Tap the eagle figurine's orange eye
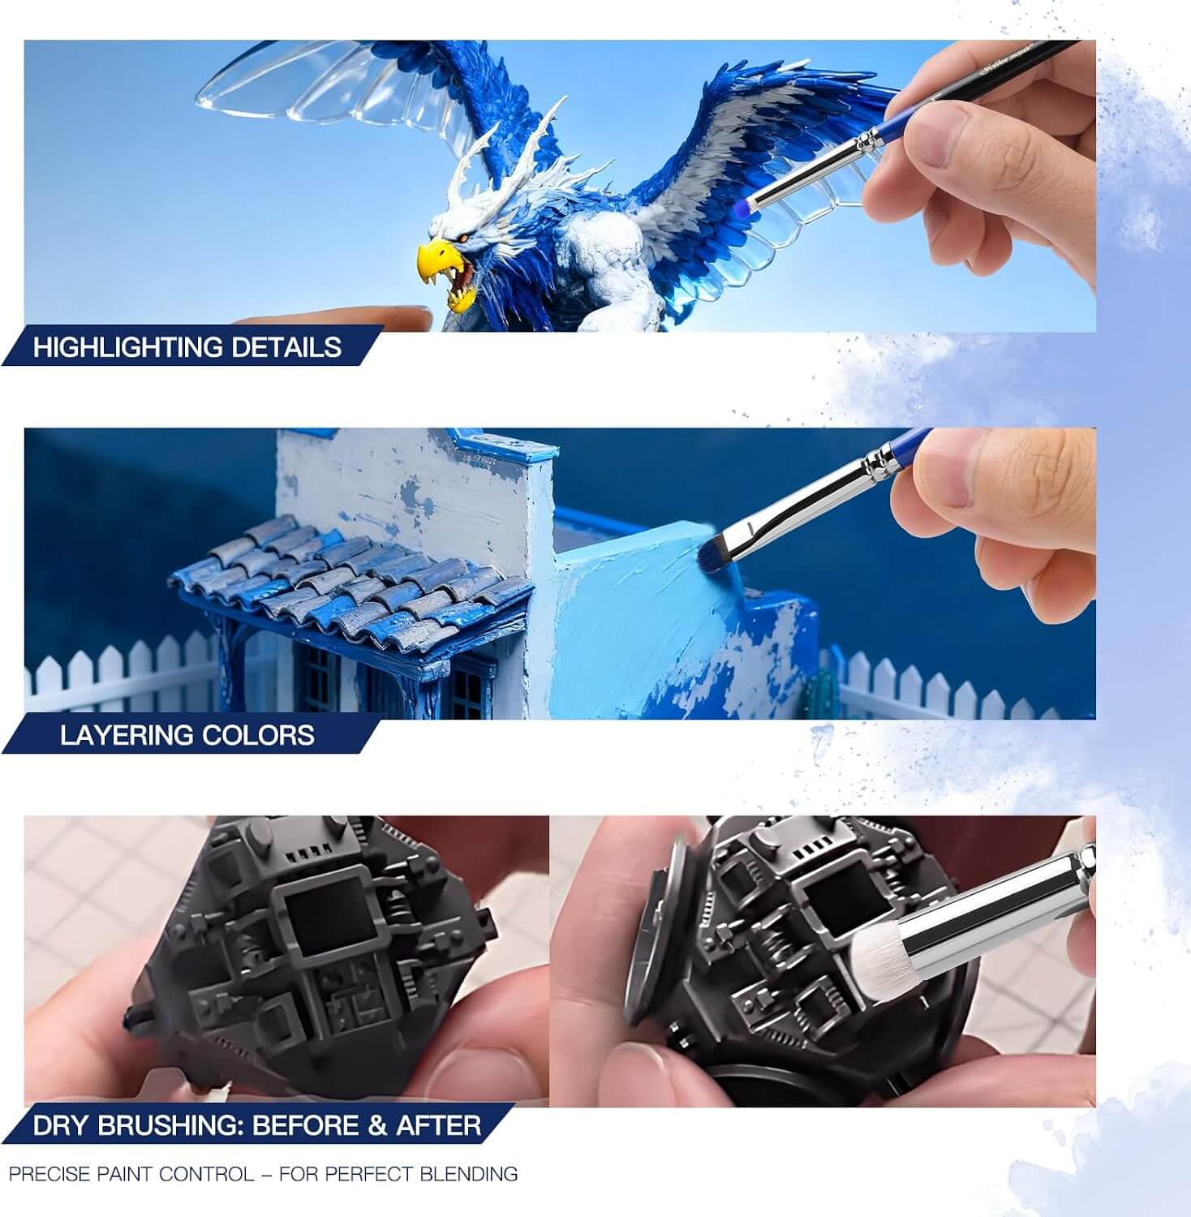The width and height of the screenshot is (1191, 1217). [x=464, y=237]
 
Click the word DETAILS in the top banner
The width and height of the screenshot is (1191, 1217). [x=286, y=347]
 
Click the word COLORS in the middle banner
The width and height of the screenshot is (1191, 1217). [x=258, y=735]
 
